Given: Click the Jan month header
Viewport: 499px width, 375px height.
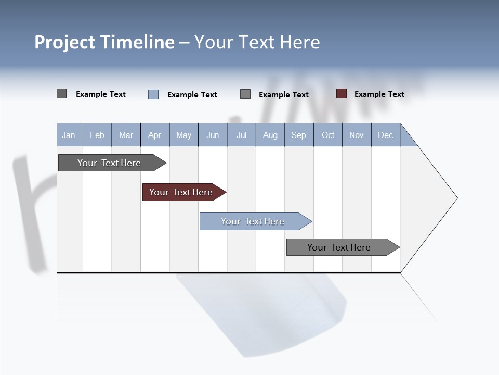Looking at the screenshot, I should coord(69,135).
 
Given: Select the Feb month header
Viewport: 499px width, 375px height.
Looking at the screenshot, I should coord(97,135).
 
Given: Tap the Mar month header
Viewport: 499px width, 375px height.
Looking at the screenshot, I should coord(126,135).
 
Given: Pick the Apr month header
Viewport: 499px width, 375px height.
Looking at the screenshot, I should coord(155,135).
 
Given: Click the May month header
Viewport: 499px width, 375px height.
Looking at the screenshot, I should coord(183,135).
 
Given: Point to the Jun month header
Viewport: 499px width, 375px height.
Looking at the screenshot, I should coord(213,135).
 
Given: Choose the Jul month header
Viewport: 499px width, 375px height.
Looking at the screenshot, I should coord(241,135).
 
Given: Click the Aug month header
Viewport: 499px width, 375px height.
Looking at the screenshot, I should coord(270,135).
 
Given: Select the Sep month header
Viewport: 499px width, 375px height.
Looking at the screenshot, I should coord(299,135).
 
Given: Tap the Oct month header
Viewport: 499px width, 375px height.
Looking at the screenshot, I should coord(328,135).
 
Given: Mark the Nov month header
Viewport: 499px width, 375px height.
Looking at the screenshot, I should coord(357,135).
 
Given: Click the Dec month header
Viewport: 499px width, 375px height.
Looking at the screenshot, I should coord(386,135).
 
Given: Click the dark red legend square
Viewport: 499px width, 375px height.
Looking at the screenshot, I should coord(341,94).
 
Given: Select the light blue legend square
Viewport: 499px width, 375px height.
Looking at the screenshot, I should coord(153,94).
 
